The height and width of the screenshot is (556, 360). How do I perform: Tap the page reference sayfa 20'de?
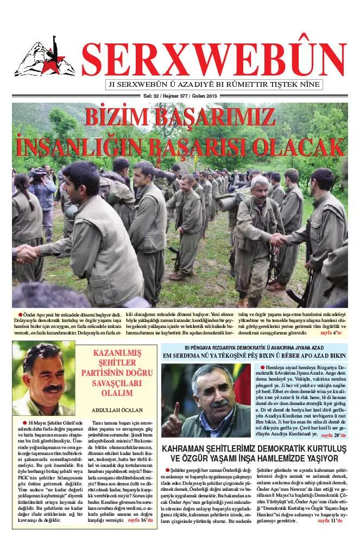334,435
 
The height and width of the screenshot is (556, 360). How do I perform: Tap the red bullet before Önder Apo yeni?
21,314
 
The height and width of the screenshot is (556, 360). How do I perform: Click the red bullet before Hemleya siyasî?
262,368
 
